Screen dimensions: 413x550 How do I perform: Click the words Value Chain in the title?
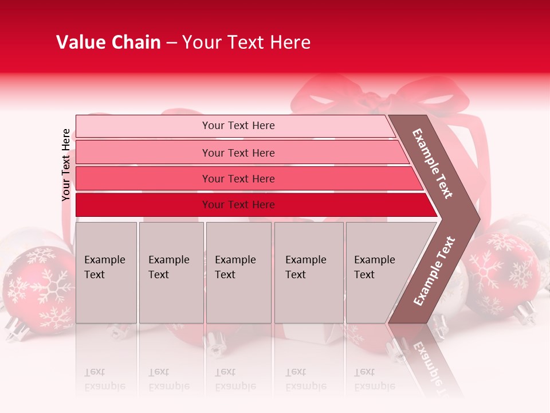[x=108, y=42]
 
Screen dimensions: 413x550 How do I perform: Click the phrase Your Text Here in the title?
[x=246, y=42]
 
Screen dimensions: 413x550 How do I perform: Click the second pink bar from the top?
[x=238, y=153]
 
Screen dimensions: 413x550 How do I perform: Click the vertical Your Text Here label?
[x=66, y=165]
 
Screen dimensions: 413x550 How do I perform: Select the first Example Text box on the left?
[x=106, y=272]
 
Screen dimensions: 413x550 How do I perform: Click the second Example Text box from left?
[x=171, y=272]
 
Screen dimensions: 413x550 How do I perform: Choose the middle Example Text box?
[x=238, y=272]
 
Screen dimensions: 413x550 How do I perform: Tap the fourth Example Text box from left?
[x=308, y=272]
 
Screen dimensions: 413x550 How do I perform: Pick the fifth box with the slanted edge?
[x=378, y=272]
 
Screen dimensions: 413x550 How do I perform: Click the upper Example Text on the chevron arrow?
[x=433, y=163]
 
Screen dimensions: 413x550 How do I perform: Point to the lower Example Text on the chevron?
[x=434, y=271]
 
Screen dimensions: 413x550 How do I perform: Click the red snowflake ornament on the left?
[x=37, y=284]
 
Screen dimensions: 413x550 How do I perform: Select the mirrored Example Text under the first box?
[x=105, y=379]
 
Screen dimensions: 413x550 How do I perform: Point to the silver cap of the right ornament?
[x=524, y=313]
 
